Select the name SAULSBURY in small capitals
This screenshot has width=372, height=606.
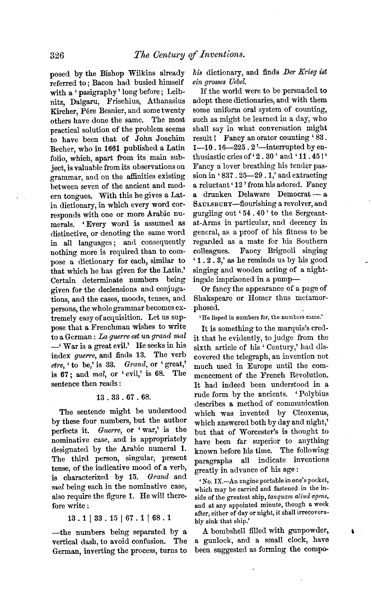pyautogui.click(x=210, y=204)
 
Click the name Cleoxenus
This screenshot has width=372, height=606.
pyautogui.click(x=310, y=413)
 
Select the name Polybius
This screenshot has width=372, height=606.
pyautogui.click(x=313, y=394)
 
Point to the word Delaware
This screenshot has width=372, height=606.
pyautogui.click(x=253, y=194)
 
